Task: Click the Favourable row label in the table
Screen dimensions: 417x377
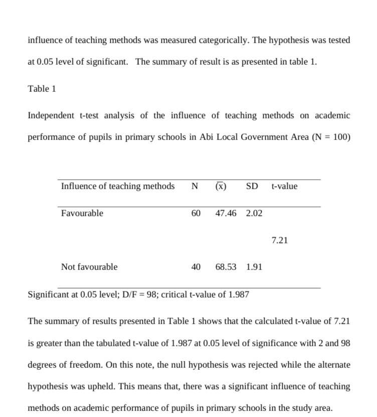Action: pos(82,213)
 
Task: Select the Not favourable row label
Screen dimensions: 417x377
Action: pos(89,267)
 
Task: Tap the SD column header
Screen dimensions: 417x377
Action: pos(252,186)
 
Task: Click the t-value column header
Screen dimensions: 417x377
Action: pos(284,186)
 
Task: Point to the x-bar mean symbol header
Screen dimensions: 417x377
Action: pos(221,186)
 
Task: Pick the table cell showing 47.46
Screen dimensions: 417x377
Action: pos(226,213)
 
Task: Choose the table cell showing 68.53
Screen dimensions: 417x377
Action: pos(226,267)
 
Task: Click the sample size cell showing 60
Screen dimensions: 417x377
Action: pos(196,213)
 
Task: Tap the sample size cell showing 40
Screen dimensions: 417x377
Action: pos(196,267)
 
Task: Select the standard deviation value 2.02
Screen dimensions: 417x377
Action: pos(254,213)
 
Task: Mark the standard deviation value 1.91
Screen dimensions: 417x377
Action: pos(254,267)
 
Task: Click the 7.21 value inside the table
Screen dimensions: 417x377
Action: pos(280,240)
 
